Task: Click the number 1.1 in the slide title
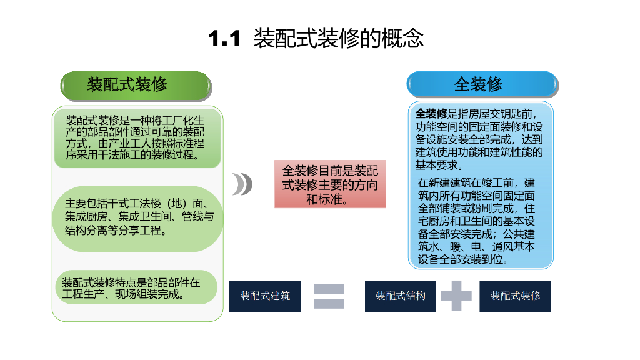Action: (224, 39)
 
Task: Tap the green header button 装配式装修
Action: (136, 86)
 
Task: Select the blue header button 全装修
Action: (481, 84)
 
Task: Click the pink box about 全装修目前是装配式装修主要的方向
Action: (330, 184)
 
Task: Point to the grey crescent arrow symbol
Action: (242, 184)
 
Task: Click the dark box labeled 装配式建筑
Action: (265, 296)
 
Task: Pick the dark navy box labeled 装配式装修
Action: (515, 296)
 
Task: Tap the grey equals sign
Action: (329, 296)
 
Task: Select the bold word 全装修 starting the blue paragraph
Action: (431, 114)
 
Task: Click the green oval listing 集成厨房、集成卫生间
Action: (137, 218)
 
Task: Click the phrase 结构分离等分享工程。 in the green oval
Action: (117, 231)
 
